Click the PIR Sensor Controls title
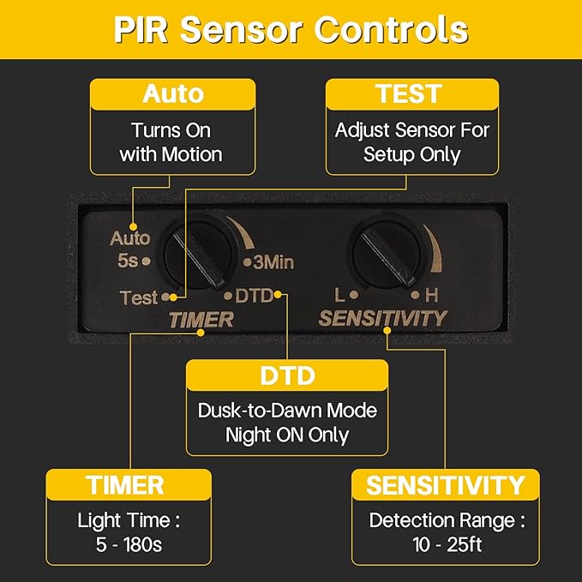[x=291, y=30]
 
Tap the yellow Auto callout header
[x=172, y=94]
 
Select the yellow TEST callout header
[x=412, y=94]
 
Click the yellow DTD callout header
[x=287, y=375]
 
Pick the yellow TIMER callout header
[x=129, y=485]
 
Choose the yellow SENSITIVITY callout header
[x=446, y=485]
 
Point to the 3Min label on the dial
[x=273, y=262]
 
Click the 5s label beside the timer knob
[x=128, y=261]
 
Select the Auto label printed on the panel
[x=130, y=238]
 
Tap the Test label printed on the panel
[x=139, y=297]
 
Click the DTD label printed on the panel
[x=255, y=296]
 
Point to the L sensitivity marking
[x=339, y=296]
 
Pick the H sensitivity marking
[x=432, y=296]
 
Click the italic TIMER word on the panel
[x=201, y=320]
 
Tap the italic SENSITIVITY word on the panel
[x=383, y=319]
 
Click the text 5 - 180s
[x=129, y=545]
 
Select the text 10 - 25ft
[x=447, y=545]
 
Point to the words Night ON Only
[x=287, y=435]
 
